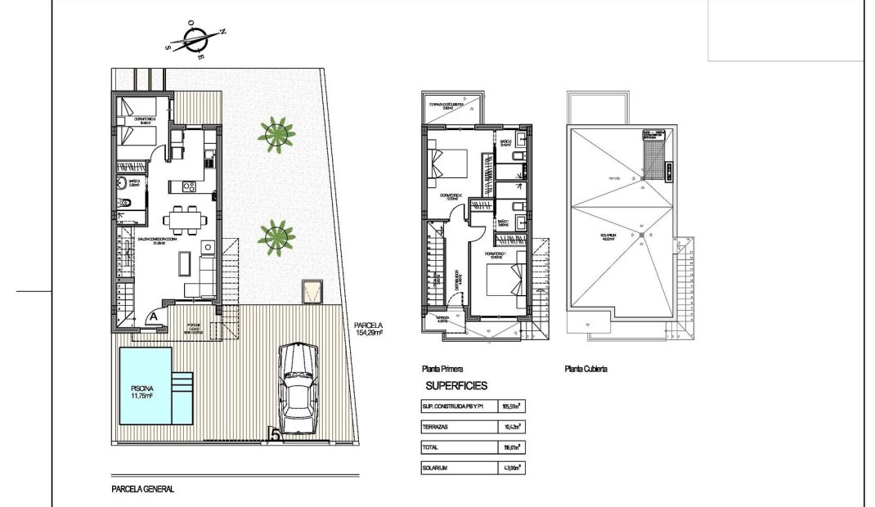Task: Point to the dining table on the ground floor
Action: click(180, 220)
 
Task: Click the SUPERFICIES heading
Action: click(456, 384)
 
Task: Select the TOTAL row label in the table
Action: click(430, 447)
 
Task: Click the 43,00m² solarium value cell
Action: click(511, 468)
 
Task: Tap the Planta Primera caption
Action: click(442, 369)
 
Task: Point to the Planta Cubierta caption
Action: click(586, 369)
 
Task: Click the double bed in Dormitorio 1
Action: click(502, 285)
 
